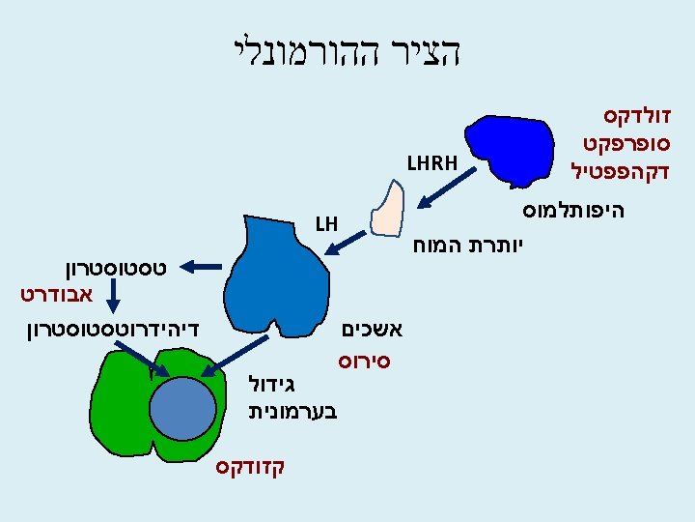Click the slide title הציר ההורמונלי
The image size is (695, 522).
coord(347,51)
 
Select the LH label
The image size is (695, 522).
coord(325,225)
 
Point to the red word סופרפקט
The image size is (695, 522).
coord(626,146)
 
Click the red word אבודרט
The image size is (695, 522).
coord(54,290)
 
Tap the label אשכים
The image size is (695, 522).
coord(374,329)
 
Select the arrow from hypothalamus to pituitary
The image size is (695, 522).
coord(451,188)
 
